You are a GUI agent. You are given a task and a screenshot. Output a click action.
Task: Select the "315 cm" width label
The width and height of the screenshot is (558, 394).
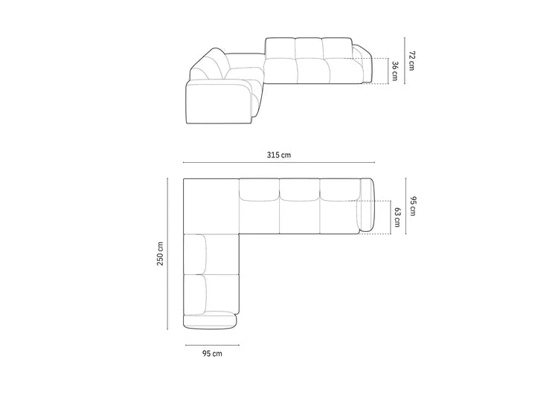[279, 155]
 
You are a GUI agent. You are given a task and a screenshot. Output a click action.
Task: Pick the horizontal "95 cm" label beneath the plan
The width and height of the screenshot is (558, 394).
[212, 353]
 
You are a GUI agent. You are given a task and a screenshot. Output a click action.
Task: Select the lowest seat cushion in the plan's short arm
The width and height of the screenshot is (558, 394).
[211, 293]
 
